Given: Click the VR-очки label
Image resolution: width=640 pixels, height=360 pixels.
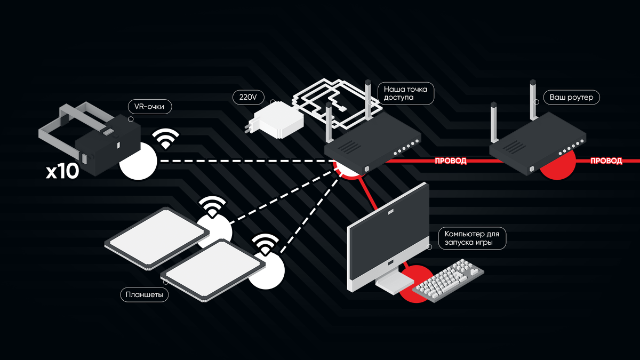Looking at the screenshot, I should coord(150,107).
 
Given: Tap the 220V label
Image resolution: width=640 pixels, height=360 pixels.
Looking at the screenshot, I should coord(249,98).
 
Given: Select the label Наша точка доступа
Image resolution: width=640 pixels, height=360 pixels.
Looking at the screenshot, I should coord(405,93).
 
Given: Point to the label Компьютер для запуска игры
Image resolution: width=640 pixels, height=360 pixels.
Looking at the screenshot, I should coord(472,238).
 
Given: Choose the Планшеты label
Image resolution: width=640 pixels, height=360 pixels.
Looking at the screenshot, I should coord(144,294).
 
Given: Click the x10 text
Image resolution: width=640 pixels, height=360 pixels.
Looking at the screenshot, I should coord(62,172).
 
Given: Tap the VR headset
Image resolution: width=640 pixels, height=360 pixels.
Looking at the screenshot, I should coord(107,144).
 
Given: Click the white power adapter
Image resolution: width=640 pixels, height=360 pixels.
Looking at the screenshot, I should coord(277,120).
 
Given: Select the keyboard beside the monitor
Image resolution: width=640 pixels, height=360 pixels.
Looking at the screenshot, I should coord(451,280).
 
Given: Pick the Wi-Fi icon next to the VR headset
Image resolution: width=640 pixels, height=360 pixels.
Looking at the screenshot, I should coord(166,139).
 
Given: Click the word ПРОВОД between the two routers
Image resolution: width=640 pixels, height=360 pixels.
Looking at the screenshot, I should coord(451,161).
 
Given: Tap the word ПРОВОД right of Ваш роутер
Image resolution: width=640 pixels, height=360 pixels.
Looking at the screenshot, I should coord(606,161).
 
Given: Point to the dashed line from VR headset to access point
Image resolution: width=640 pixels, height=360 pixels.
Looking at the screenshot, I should coord(240,161).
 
